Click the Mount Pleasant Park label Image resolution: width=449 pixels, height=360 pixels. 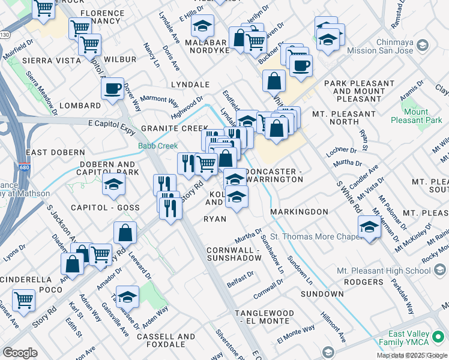416,116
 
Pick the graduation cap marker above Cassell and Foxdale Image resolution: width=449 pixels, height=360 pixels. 127,297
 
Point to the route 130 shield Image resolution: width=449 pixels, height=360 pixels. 5,34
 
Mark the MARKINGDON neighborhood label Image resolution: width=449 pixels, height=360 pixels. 299,212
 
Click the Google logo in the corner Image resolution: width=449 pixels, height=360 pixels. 20,352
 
